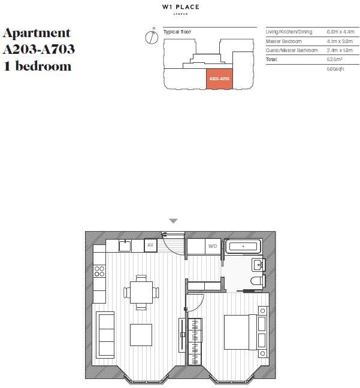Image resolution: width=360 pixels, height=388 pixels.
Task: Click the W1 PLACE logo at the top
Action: click(180, 8)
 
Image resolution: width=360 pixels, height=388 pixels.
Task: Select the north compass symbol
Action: click(152, 37)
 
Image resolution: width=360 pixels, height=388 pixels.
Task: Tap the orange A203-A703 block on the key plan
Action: click(219, 78)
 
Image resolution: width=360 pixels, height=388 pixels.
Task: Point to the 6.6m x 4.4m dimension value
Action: click(340, 31)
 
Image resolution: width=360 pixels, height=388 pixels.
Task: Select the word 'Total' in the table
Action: click(272, 60)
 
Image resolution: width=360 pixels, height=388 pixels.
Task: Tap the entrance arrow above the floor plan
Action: click(173, 221)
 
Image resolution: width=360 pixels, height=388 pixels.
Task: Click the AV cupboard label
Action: click(151, 245)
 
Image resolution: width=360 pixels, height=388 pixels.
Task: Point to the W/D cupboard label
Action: click(213, 246)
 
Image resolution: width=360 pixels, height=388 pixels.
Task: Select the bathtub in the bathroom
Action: click(242, 245)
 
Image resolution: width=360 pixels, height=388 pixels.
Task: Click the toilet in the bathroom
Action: click(258, 281)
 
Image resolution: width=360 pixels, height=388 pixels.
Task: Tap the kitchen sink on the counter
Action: click(125, 245)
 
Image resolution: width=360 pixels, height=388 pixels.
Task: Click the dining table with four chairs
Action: click(141, 292)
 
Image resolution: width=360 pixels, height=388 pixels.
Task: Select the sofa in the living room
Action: click(105, 335)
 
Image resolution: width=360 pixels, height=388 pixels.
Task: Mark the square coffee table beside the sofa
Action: click(141, 334)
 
